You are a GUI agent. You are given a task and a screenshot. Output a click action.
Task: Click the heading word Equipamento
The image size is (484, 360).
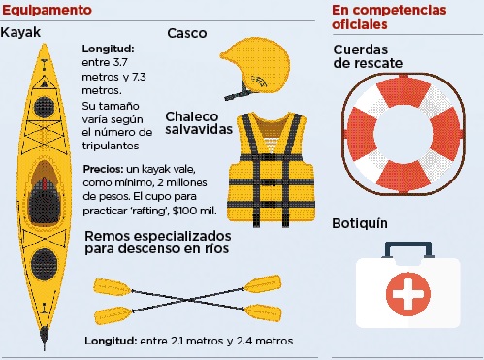(47, 10)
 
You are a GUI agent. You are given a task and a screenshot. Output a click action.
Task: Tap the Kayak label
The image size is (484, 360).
(20, 32)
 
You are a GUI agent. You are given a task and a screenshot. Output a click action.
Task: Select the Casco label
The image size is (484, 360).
(187, 33)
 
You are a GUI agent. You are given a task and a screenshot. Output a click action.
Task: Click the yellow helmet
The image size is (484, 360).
(255, 66)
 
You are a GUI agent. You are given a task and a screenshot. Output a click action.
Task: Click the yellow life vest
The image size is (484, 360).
(271, 169)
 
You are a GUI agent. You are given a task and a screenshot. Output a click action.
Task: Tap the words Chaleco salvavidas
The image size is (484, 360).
(199, 123)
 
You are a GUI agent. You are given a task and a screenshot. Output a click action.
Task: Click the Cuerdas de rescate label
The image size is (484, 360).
(368, 56)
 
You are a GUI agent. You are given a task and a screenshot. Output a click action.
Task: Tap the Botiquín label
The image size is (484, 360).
(360, 224)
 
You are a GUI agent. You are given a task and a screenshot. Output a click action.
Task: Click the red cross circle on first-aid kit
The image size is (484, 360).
(408, 294)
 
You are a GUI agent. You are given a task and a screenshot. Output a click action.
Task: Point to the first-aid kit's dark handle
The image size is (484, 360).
(408, 245)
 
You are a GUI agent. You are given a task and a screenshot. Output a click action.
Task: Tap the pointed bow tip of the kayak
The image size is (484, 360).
(45, 45)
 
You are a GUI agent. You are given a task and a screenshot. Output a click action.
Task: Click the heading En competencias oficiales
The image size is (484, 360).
(389, 17)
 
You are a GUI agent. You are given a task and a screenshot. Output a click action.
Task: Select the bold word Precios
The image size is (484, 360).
(103, 169)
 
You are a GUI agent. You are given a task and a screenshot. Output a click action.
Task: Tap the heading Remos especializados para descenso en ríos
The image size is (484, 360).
(158, 243)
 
